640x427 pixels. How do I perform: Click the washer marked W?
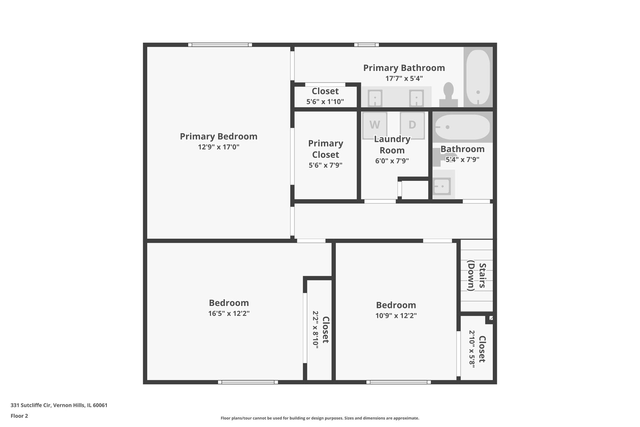tap(375, 125)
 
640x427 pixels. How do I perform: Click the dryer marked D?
tap(412, 125)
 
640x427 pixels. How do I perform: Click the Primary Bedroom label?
tap(218, 137)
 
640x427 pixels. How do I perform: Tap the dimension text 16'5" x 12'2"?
tap(229, 313)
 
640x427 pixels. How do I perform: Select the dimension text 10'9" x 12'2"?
tap(396, 316)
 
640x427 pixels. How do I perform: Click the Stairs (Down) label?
tap(476, 276)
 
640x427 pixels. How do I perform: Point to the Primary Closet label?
tap(326, 149)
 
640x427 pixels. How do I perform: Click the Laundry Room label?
tap(392, 145)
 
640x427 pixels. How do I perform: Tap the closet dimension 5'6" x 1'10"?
tap(325, 102)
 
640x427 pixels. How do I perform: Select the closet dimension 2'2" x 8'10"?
tap(316, 329)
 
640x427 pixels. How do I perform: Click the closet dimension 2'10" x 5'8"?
tap(472, 349)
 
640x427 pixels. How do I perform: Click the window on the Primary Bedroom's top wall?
tap(220, 45)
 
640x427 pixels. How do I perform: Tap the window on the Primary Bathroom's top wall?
tap(366, 45)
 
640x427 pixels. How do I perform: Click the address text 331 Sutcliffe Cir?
tap(59, 405)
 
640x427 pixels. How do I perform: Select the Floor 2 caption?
tap(19, 416)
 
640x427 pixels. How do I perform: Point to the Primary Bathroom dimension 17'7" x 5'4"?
tap(404, 79)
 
